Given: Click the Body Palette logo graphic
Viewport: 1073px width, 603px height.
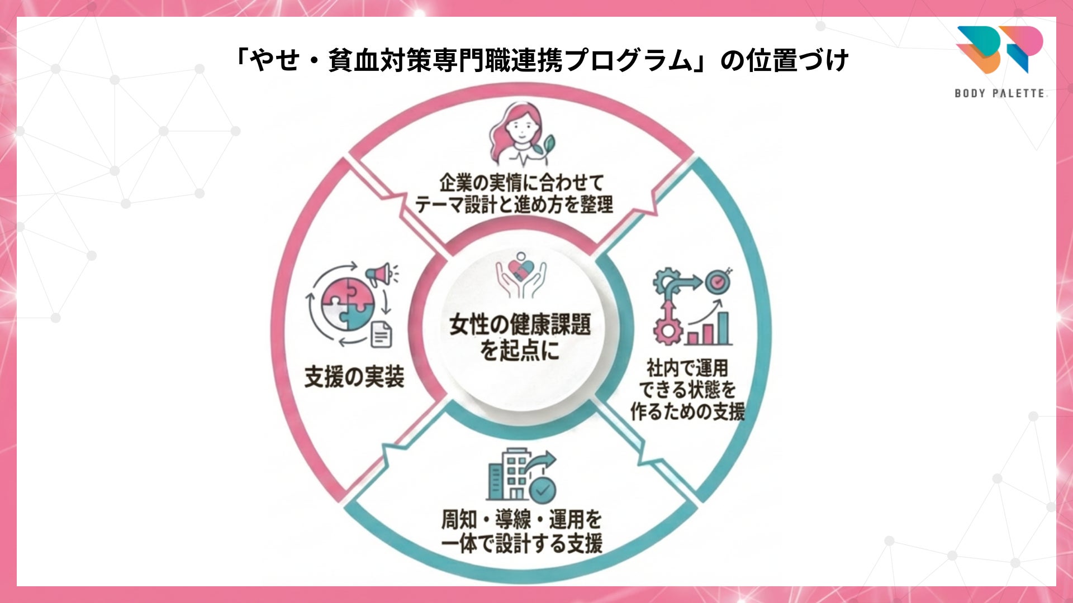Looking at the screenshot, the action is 999,49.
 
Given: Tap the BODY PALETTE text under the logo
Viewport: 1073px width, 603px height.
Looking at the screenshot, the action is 1000,93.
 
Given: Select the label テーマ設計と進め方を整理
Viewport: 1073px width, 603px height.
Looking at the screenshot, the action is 514,205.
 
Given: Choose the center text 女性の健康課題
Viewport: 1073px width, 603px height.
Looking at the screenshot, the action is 520,324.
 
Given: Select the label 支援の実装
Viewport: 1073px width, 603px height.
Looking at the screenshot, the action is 354,377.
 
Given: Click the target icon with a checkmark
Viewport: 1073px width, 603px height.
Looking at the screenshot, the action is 717,282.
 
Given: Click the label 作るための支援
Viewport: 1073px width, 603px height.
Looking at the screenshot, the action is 687,411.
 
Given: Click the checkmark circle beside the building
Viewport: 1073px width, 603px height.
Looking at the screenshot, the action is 542,489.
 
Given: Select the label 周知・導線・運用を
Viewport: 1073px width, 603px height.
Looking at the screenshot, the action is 521,519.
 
